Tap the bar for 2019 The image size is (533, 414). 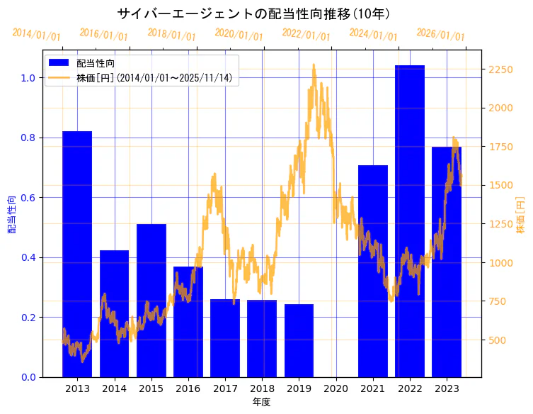point(299,340)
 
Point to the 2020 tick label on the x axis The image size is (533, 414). point(336,388)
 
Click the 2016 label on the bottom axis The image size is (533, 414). point(188,388)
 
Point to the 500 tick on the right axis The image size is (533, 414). point(498,340)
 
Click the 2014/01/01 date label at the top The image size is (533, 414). point(37,35)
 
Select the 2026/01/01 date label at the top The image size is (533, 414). point(441,35)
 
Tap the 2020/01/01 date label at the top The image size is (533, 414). point(239,35)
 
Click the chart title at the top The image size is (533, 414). point(254,13)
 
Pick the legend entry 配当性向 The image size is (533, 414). point(96,63)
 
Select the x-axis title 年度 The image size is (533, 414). point(262,402)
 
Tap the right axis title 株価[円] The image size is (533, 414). point(520,216)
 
